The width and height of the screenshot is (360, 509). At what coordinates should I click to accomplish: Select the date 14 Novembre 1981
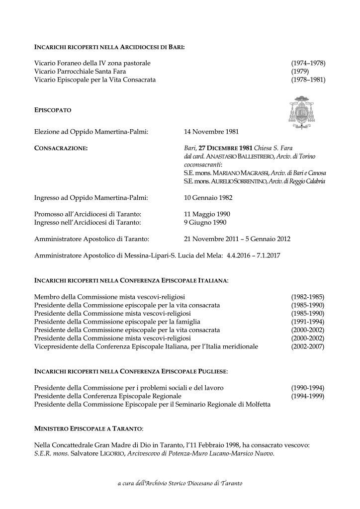211,132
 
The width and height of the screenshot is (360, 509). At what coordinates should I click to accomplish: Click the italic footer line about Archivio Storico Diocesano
180,484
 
